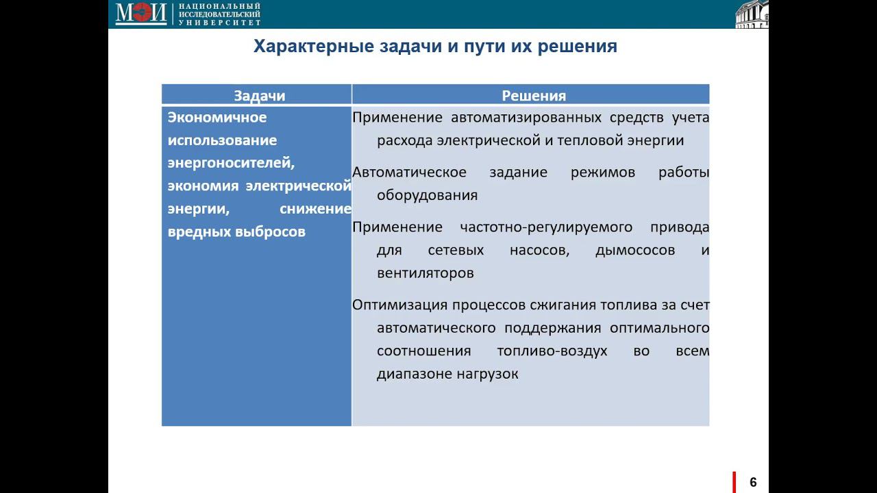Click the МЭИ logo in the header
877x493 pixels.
tap(141, 13)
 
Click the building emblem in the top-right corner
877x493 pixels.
tap(752, 14)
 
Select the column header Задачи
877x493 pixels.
tap(259, 96)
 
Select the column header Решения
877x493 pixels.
tap(534, 96)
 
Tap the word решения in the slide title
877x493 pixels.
tap(578, 47)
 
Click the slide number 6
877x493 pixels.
tap(753, 482)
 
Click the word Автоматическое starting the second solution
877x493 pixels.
tap(409, 172)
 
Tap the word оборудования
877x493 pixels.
tap(427, 195)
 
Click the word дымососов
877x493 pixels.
tap(635, 250)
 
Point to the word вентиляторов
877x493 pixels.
tap(425, 273)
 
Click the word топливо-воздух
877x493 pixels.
tap(552, 351)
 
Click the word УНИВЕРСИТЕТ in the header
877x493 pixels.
tap(219, 22)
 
